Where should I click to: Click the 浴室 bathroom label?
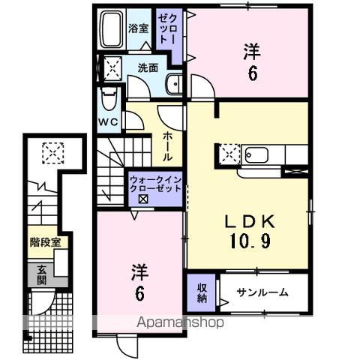coord(138,28)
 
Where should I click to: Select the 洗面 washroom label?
coord(148,67)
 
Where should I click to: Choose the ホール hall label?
coord(167,147)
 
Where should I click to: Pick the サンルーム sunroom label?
coord(262,292)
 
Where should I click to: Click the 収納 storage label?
coord(202,292)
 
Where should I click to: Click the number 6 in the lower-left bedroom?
coord(140,295)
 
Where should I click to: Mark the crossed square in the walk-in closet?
coord(142,199)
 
